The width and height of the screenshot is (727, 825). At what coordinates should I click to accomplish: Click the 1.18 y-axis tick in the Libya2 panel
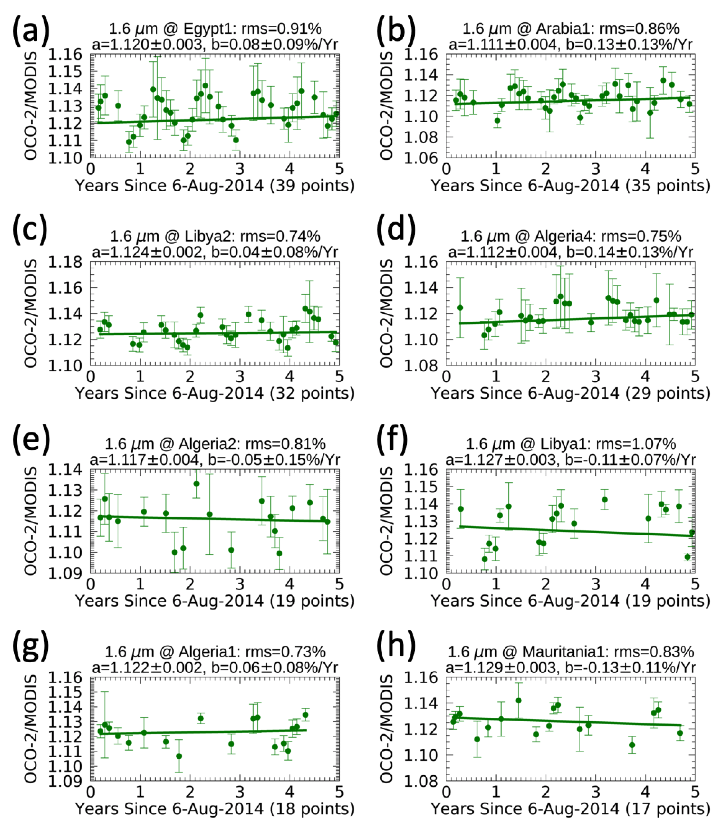coord(65,263)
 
